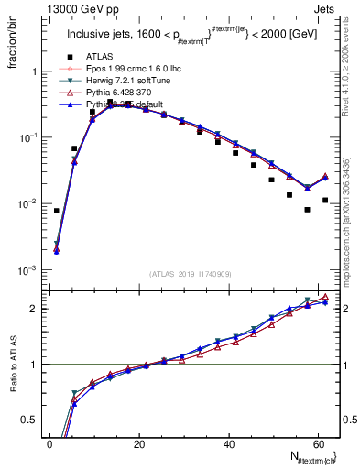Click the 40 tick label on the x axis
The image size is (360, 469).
coord(228,443)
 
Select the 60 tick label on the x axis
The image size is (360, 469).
coord(317,443)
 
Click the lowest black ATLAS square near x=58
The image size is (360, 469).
coord(307,210)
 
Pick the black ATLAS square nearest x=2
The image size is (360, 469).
coord(56,211)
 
